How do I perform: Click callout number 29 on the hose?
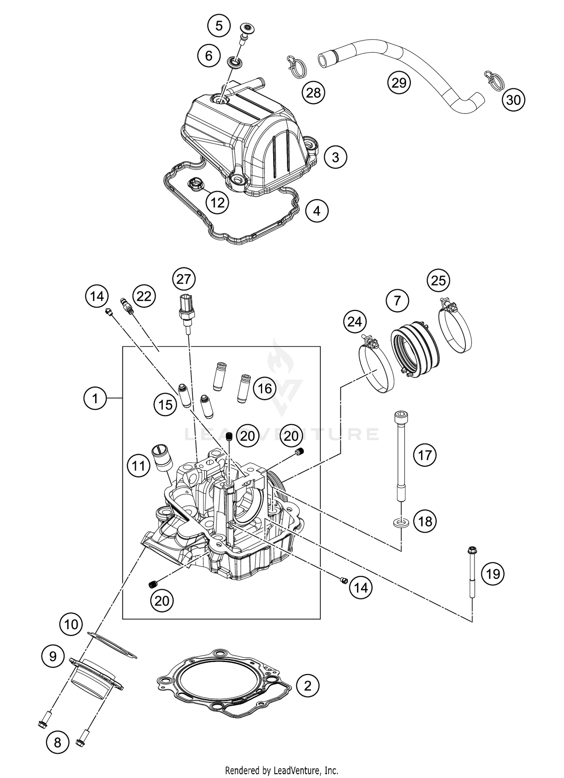(399, 82)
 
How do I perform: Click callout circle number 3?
(335, 157)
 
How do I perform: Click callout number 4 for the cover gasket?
(317, 211)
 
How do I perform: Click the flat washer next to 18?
(401, 522)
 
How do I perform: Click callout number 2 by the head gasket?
(308, 686)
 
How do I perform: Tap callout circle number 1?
(95, 398)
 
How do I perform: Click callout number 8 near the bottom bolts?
(57, 742)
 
